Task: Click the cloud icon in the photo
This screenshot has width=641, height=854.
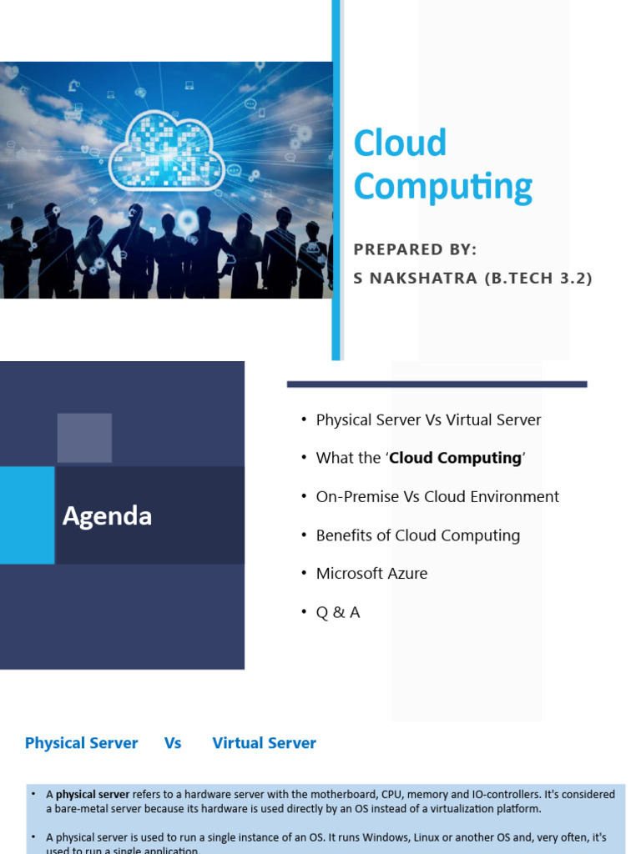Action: point(168,150)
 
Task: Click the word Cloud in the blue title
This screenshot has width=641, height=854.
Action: point(400,143)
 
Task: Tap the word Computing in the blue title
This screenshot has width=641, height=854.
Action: point(442,187)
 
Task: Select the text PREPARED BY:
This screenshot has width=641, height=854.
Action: point(415,249)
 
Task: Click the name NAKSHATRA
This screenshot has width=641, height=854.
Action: point(423,279)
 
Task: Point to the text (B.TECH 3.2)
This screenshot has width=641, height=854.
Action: point(538,279)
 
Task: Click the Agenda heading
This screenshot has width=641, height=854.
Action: point(107,516)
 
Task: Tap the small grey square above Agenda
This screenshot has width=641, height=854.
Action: point(84,438)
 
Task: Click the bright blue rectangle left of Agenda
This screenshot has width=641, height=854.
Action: point(27,515)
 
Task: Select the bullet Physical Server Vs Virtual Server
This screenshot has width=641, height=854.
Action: point(428,419)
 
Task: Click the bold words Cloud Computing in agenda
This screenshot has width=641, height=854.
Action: point(455,458)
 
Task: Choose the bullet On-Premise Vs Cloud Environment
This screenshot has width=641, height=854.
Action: point(437,496)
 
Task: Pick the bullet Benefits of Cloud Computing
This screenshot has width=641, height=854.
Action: point(417,535)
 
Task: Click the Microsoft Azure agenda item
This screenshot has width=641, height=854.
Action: point(371,574)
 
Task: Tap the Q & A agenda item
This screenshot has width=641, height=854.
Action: point(338,612)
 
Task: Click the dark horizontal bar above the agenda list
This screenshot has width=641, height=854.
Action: point(437,384)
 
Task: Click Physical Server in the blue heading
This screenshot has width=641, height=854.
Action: point(81,743)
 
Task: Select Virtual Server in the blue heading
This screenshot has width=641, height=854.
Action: point(264,743)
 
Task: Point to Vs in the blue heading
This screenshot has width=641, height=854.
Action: point(173,743)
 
